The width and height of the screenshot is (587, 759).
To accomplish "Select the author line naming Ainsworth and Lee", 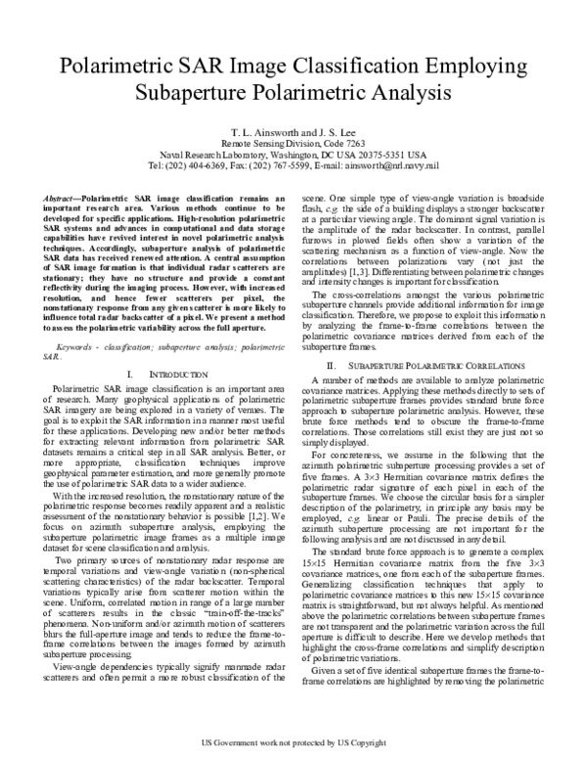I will point(293,129).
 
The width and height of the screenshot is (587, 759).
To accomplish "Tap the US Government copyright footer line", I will point(293,743).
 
